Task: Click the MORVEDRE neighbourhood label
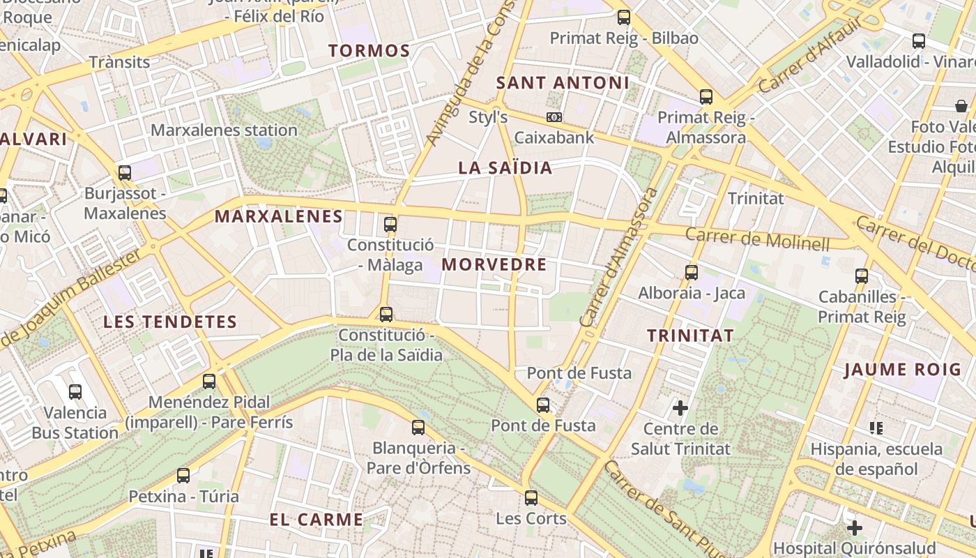click(x=494, y=264)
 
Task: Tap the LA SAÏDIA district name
click(x=505, y=167)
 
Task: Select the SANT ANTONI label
click(x=563, y=83)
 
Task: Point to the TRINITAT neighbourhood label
click(x=690, y=335)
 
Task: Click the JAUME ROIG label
click(x=902, y=369)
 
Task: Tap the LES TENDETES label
click(x=170, y=322)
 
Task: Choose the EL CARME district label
click(x=317, y=520)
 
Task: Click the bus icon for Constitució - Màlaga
click(x=390, y=225)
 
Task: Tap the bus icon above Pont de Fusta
click(x=543, y=405)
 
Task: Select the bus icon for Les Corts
click(x=531, y=498)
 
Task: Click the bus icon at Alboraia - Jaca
click(x=692, y=273)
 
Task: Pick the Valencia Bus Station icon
click(x=75, y=392)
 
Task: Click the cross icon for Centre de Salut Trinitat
click(x=680, y=407)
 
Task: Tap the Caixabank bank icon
click(x=554, y=117)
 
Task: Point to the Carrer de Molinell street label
click(x=757, y=239)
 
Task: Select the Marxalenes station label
click(x=224, y=130)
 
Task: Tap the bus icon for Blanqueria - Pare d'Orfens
click(x=418, y=428)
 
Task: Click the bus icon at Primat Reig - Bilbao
click(x=624, y=17)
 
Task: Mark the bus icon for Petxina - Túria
click(x=183, y=476)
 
